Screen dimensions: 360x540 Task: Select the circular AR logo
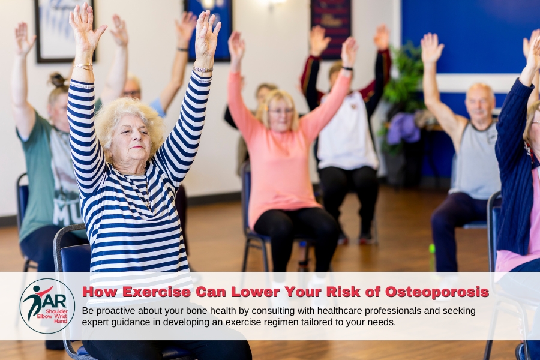coord(47,306)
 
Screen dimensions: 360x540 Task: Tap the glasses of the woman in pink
coord(280,111)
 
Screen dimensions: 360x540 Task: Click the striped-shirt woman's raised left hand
coord(207,34)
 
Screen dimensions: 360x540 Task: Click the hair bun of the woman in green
coord(58,80)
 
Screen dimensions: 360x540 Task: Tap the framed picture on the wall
coord(61,30)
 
